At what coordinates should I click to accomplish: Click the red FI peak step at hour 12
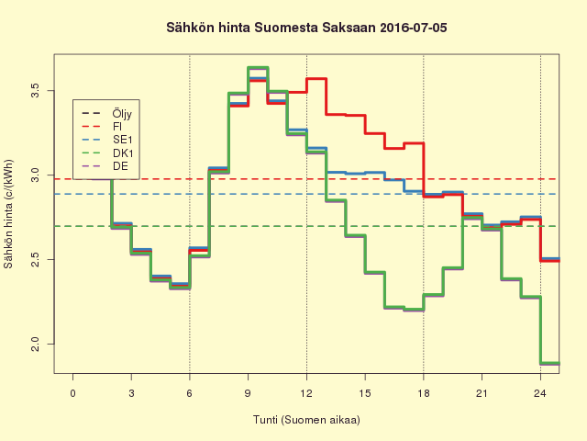click(x=316, y=79)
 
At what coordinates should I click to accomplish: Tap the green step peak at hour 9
click(x=258, y=68)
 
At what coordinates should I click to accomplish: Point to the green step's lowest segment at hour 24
click(x=549, y=363)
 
